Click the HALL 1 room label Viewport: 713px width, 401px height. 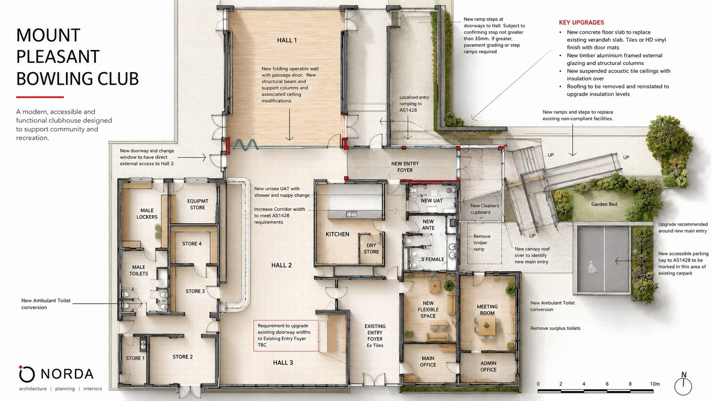(287, 40)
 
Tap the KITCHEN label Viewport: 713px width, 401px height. (337, 234)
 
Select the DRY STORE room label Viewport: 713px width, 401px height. (371, 248)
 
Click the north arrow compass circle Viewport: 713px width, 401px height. (683, 387)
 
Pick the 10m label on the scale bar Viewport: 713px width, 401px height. (655, 384)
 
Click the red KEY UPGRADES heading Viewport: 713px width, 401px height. (581, 23)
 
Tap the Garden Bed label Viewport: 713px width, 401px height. (604, 204)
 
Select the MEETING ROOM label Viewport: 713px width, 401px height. (487, 310)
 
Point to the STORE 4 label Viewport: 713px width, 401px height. (191, 244)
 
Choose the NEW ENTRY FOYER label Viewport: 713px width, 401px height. (405, 167)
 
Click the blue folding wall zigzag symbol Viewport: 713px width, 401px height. (245, 145)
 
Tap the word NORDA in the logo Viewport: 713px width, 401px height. (67, 374)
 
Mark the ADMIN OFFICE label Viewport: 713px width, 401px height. (488, 366)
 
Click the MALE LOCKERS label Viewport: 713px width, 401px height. (147, 213)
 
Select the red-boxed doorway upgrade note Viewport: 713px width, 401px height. (286, 335)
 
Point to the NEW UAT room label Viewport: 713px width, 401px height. (432, 201)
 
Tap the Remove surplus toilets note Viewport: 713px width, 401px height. (555, 328)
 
